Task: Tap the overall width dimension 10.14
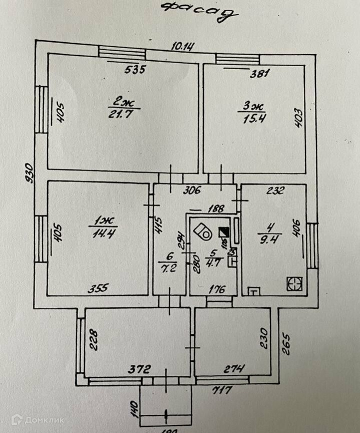pyautogui.click(x=183, y=47)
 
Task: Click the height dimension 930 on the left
pyautogui.click(x=30, y=173)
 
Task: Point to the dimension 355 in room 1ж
pyautogui.click(x=98, y=289)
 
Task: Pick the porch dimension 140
pyautogui.click(x=134, y=410)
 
